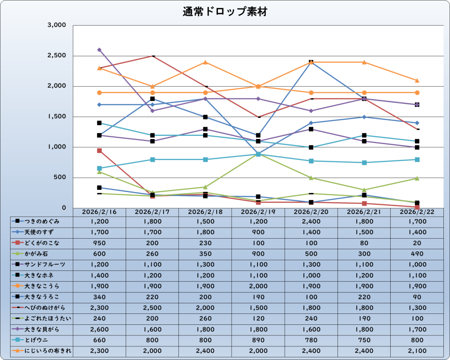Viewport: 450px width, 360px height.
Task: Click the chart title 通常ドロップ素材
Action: click(x=225, y=12)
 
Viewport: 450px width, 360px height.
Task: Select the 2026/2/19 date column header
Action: click(x=258, y=212)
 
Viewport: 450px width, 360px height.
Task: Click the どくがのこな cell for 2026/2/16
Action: click(x=99, y=243)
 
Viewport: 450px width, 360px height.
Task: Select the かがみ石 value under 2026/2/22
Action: click(x=417, y=254)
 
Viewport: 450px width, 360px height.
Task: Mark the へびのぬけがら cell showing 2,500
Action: click(x=152, y=308)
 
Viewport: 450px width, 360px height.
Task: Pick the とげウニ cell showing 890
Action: click(x=258, y=340)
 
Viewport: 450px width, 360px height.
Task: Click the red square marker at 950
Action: click(x=99, y=151)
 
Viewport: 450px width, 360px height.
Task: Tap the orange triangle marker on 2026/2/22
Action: click(x=417, y=80)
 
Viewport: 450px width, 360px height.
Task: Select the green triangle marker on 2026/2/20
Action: click(x=311, y=178)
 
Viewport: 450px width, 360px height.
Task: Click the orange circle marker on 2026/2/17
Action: click(x=152, y=93)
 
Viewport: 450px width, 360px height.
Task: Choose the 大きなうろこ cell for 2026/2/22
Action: click(x=417, y=297)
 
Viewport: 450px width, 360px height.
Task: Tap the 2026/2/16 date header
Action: click(x=99, y=212)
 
